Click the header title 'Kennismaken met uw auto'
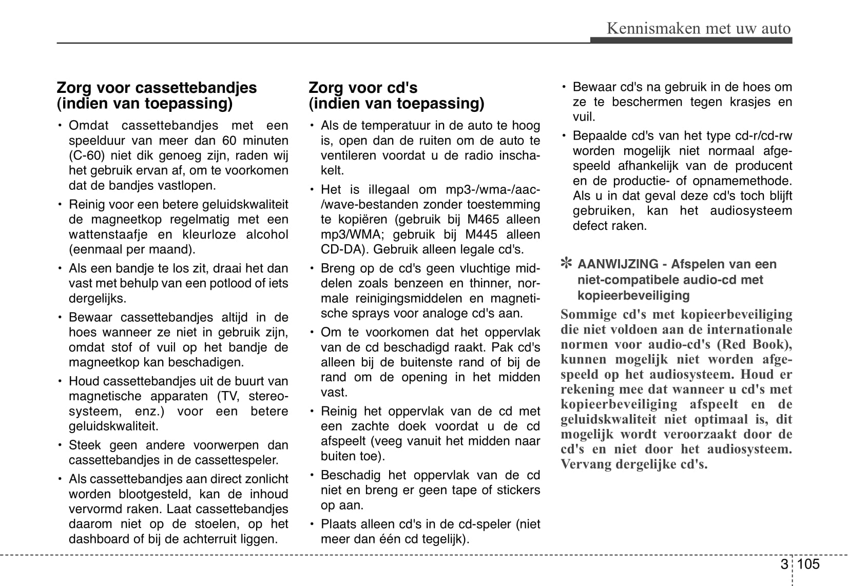pos(699,28)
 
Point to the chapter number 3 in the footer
pos(783,564)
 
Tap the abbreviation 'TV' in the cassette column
pos(228,396)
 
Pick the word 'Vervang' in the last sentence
pos(584,464)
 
